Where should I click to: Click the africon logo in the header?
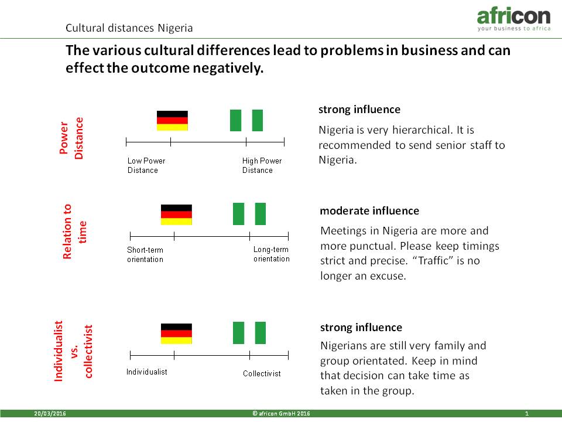(513, 19)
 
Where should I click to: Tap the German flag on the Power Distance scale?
(172, 121)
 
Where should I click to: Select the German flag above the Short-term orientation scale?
(176, 215)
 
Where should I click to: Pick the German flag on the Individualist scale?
(176, 333)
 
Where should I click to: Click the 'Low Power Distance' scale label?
(146, 165)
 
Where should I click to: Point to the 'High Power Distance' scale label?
(262, 165)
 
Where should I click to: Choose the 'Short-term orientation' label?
(145, 254)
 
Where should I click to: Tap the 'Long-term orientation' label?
(271, 254)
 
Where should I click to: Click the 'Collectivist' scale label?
(262, 373)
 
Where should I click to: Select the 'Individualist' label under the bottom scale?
(146, 372)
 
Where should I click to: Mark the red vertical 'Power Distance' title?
(71, 138)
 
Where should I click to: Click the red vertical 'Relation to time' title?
(74, 232)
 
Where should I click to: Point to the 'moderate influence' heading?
(369, 210)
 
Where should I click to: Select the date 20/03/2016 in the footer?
(50, 413)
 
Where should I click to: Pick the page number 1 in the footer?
(527, 413)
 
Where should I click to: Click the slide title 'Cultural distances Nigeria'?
(129, 28)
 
